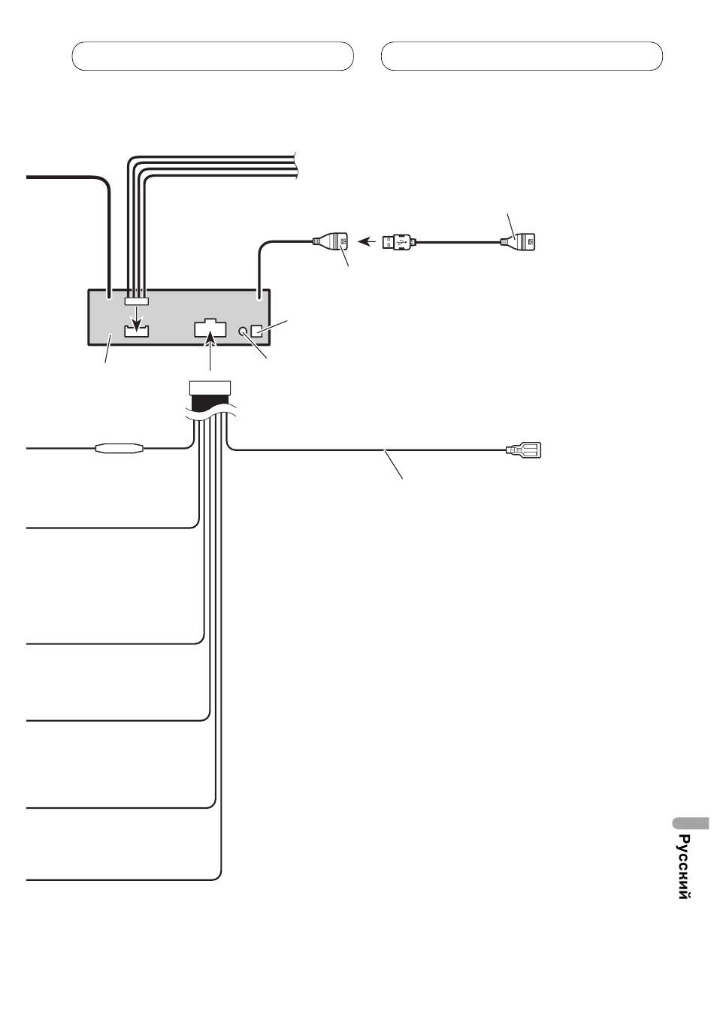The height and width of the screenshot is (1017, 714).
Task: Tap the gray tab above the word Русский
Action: tap(688, 822)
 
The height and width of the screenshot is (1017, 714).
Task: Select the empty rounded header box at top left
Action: tap(213, 56)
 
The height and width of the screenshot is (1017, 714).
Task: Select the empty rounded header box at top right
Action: tap(522, 56)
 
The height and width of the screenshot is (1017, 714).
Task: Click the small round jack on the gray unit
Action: tap(244, 331)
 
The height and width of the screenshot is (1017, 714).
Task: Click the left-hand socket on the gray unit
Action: tap(137, 330)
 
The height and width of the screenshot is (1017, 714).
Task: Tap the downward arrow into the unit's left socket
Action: tap(137, 319)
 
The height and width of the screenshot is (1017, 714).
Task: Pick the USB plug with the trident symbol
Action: tap(397, 242)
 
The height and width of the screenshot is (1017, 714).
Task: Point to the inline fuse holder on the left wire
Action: tap(119, 449)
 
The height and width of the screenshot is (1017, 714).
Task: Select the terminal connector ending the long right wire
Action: tap(526, 451)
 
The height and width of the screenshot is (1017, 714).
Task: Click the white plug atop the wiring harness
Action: tap(210, 388)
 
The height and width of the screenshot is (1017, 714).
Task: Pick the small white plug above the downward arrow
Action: tap(137, 301)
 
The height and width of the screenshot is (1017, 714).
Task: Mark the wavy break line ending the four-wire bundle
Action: tap(297, 165)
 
